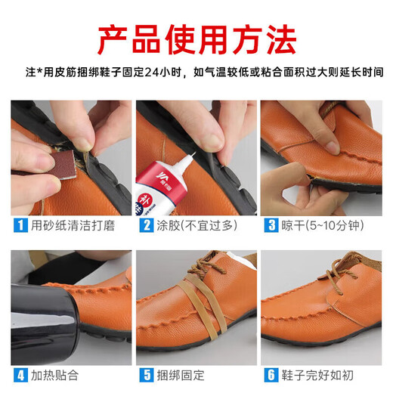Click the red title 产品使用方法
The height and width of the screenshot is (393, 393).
[196, 36]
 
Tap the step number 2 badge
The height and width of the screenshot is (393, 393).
[145, 224]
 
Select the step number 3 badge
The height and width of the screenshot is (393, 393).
[270, 224]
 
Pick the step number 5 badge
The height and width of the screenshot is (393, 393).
[145, 373]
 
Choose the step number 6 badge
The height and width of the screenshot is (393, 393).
[270, 373]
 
